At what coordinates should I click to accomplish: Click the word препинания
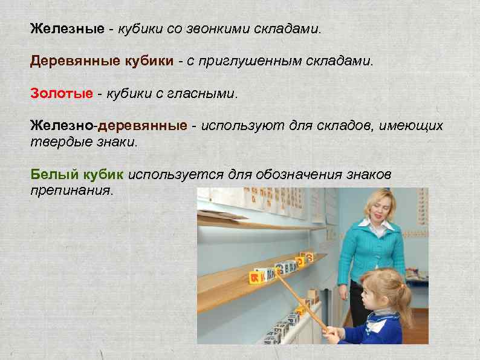[71, 189]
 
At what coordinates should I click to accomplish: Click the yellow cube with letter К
[255, 277]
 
